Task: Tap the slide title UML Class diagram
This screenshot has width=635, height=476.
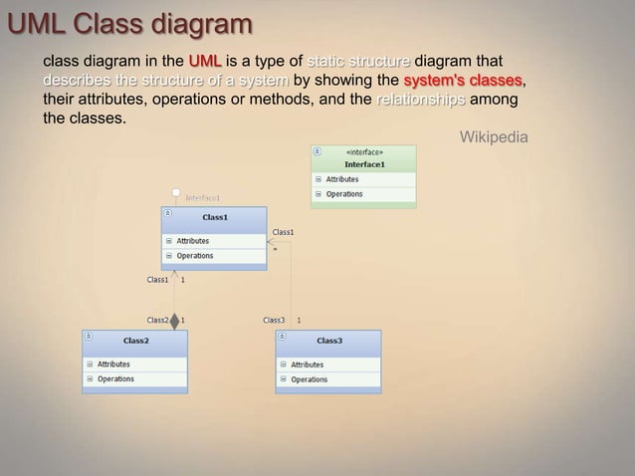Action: click(128, 22)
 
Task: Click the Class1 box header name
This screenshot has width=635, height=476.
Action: click(215, 216)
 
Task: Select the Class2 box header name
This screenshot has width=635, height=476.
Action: click(136, 341)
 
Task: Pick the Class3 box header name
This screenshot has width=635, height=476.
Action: click(329, 341)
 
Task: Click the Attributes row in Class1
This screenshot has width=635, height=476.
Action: click(192, 241)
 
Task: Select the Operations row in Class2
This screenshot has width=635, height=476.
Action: click(115, 378)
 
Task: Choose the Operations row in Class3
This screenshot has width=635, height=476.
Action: click(309, 379)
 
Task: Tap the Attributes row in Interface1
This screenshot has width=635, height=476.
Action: click(342, 179)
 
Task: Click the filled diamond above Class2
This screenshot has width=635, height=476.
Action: click(175, 321)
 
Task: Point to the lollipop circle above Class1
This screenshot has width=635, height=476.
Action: click(176, 190)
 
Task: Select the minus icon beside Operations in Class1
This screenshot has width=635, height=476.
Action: click(169, 256)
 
